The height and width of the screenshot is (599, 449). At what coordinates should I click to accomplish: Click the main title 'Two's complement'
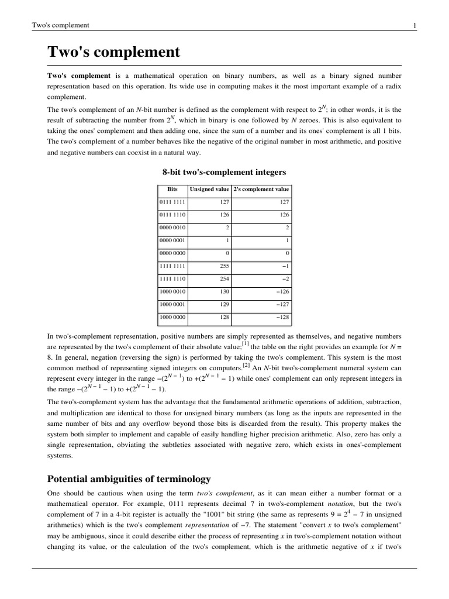pyautogui.click(x=114, y=53)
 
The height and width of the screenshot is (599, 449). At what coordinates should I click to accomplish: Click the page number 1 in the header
pyautogui.click(x=415, y=25)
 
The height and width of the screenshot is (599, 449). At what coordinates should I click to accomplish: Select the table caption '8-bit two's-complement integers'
pyautogui.click(x=224, y=172)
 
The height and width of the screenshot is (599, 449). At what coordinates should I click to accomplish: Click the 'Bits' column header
pyautogui.click(x=172, y=190)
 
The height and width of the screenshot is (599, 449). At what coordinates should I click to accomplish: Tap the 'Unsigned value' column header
pyautogui.click(x=209, y=190)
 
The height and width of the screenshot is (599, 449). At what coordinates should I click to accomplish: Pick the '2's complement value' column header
pyautogui.click(x=261, y=190)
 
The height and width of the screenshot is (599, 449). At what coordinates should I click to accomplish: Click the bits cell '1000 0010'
pyautogui.click(x=173, y=291)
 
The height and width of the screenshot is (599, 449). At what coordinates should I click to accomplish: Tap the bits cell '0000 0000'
pyautogui.click(x=173, y=253)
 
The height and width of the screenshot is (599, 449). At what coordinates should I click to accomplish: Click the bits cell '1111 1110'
pyautogui.click(x=173, y=278)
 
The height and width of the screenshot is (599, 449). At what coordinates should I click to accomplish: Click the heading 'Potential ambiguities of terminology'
pyautogui.click(x=129, y=479)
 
